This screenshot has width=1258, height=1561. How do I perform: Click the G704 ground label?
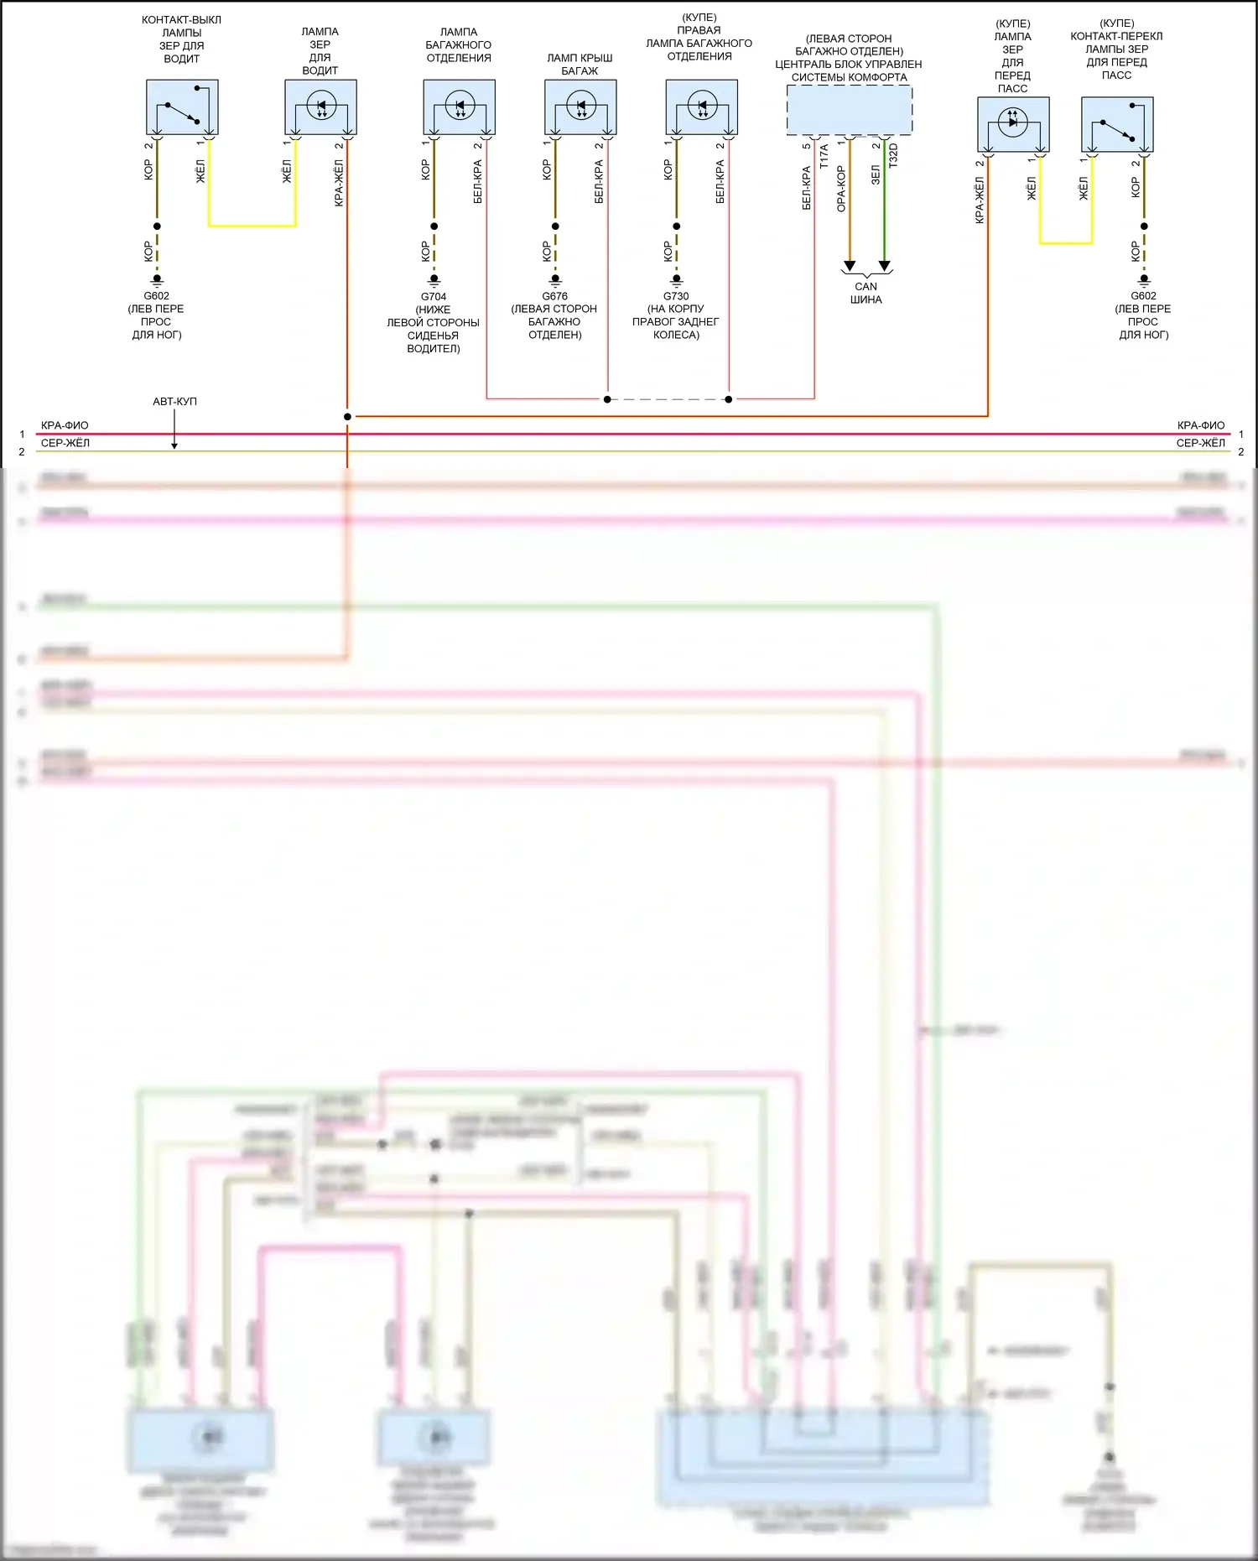tap(434, 297)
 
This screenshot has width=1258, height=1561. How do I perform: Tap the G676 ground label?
tap(554, 297)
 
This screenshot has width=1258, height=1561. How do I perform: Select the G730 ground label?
tap(676, 297)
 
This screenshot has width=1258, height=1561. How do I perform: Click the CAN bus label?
tap(866, 293)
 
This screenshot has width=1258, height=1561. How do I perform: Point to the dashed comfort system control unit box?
tap(849, 110)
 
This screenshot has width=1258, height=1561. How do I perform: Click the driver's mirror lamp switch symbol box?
tap(182, 107)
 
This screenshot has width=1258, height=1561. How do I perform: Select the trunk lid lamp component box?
tap(580, 107)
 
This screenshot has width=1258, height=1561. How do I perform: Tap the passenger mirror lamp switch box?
tap(1117, 125)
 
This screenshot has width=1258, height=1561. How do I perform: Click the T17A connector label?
tap(824, 156)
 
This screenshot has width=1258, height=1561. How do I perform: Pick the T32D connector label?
tap(893, 156)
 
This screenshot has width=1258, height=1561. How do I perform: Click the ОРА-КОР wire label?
tap(841, 189)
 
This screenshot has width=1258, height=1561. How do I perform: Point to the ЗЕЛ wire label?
tap(876, 175)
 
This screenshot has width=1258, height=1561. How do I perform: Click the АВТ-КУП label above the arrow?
tap(174, 402)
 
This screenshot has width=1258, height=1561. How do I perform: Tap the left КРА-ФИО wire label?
tap(65, 425)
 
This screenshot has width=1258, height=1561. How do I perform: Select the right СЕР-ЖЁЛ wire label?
tap(1200, 443)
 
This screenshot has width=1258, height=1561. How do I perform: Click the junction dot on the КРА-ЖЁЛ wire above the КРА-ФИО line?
tap(347, 417)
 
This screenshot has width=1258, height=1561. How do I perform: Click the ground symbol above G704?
tap(434, 280)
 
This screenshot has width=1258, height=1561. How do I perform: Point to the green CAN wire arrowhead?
tap(884, 267)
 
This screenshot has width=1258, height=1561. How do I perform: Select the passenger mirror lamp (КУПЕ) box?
tap(1013, 125)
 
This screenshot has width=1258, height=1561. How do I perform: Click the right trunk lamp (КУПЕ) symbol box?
tap(701, 107)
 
